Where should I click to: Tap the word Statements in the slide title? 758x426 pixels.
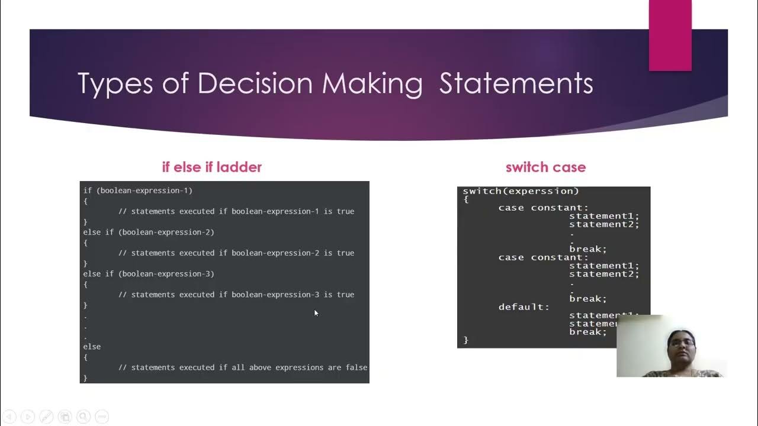pos(516,83)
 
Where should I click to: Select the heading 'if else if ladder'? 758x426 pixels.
pos(211,167)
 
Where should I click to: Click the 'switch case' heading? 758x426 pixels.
pos(545,167)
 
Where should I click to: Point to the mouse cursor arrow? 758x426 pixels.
pos(316,313)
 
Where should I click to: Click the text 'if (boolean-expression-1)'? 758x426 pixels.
pos(137,191)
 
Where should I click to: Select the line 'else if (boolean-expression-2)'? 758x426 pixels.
pos(149,232)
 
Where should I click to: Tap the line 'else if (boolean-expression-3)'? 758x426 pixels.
pos(149,274)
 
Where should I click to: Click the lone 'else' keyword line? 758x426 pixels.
pos(92,347)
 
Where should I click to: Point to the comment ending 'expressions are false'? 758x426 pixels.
pos(243,367)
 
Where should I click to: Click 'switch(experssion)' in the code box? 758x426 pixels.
pos(521,191)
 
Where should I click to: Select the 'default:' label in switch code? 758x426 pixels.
pos(523,307)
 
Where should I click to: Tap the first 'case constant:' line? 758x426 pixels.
pos(543,208)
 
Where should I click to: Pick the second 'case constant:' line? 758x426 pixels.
pos(543,257)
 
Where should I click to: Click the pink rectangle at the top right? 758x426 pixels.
pos(670,35)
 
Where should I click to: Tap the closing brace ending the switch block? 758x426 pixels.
pos(466,340)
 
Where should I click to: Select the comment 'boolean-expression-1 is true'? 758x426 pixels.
pos(236,211)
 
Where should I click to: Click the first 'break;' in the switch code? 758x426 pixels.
pos(587,249)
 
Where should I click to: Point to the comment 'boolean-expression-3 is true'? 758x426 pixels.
pos(236,295)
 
